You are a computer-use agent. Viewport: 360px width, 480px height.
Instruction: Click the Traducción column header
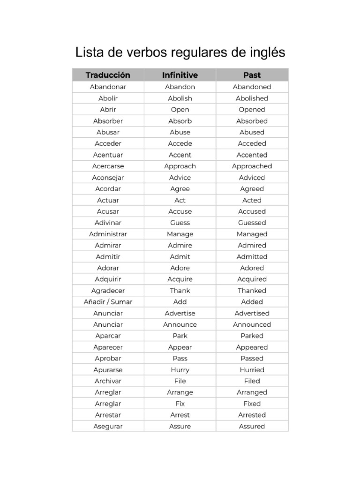click(108, 75)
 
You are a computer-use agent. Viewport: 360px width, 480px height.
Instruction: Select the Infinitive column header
click(180, 75)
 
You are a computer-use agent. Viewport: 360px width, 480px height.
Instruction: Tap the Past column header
click(252, 75)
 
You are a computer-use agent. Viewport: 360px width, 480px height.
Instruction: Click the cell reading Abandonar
click(108, 87)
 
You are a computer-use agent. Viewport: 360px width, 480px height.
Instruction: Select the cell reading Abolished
click(252, 98)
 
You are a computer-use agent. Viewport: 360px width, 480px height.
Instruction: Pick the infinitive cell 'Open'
click(180, 110)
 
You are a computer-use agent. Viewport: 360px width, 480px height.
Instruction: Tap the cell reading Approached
click(252, 166)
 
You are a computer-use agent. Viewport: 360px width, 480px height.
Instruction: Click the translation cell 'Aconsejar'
click(108, 178)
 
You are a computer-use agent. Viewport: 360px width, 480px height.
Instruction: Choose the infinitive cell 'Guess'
click(180, 223)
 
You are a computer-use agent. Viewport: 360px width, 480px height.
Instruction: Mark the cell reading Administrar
click(108, 234)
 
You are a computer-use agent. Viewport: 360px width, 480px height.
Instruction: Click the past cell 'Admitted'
click(252, 256)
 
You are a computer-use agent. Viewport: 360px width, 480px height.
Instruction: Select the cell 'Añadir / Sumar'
click(108, 302)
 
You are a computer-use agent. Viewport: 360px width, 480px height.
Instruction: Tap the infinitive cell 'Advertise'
click(180, 313)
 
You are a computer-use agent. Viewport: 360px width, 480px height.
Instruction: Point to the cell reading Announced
click(252, 324)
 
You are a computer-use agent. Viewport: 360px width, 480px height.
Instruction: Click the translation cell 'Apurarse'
click(108, 370)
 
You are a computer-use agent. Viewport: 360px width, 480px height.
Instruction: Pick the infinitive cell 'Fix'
click(180, 404)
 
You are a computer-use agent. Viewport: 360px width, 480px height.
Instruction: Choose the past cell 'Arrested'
click(252, 415)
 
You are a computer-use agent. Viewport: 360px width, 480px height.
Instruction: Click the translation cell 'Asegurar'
click(108, 426)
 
